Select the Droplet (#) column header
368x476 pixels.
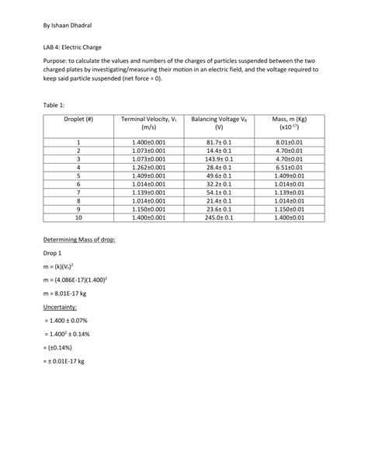[x=78, y=122]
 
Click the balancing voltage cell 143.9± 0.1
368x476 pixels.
[x=219, y=158]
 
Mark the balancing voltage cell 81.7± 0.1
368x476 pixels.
[x=219, y=142]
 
